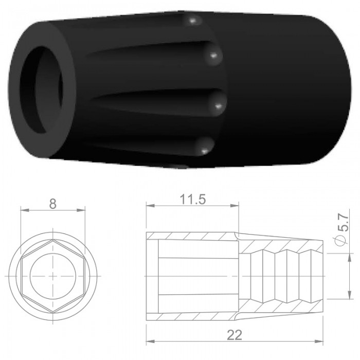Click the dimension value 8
point(53,204)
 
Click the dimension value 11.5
point(193,200)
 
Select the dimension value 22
point(235,335)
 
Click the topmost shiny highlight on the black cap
point(192,22)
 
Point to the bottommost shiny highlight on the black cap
point(204,151)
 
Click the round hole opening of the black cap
point(41,90)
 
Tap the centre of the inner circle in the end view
point(53,276)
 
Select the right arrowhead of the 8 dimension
point(81,210)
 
